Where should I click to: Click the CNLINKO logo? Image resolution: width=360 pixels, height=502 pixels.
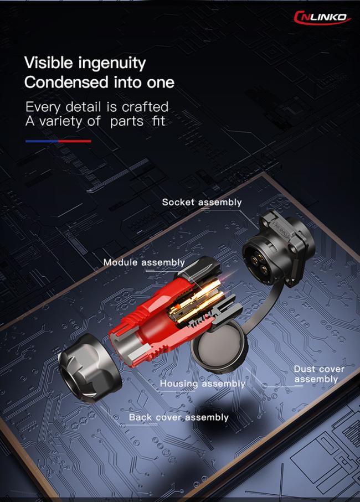[322, 17]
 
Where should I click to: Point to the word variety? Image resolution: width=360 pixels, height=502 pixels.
[60, 122]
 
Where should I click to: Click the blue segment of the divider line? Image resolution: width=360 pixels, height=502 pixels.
[42, 141]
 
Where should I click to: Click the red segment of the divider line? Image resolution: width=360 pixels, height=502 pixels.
[75, 141]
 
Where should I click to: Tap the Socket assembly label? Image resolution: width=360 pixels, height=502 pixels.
[202, 203]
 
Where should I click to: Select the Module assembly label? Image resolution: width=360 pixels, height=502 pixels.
[144, 262]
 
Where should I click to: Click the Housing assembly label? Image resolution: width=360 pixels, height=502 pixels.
[202, 384]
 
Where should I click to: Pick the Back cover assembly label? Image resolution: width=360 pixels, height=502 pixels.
[178, 417]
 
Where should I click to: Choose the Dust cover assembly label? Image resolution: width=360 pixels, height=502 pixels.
[318, 374]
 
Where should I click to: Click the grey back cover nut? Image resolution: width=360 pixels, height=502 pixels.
[90, 367]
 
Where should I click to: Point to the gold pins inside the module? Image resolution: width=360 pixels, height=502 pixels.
[196, 298]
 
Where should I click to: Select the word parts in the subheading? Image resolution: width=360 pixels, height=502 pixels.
[127, 122]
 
